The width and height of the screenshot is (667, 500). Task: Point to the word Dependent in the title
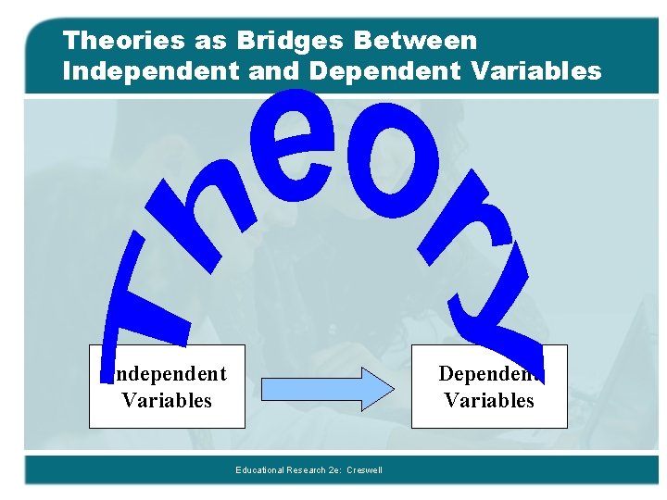(x=387, y=70)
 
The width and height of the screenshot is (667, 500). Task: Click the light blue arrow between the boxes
(x=327, y=388)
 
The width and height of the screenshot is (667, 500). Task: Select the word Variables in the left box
(x=167, y=400)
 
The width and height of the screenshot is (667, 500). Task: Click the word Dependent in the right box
(x=489, y=374)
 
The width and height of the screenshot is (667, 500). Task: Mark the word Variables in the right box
(x=489, y=400)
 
